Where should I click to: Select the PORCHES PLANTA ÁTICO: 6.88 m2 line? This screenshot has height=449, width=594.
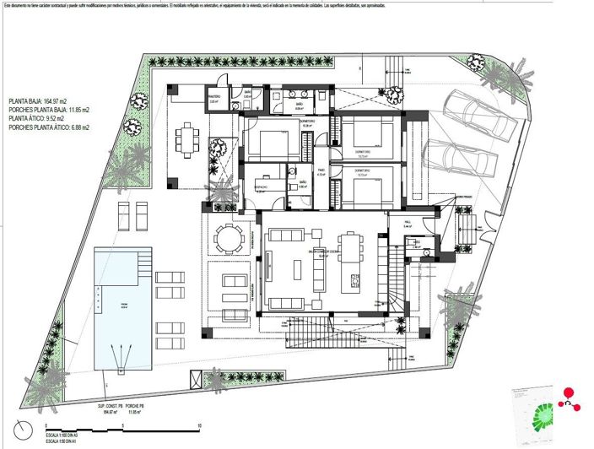[49, 127]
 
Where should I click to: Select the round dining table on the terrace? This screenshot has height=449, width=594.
[228, 238]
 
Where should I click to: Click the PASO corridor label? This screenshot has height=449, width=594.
[321, 172]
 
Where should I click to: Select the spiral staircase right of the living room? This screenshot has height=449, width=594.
[397, 287]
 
